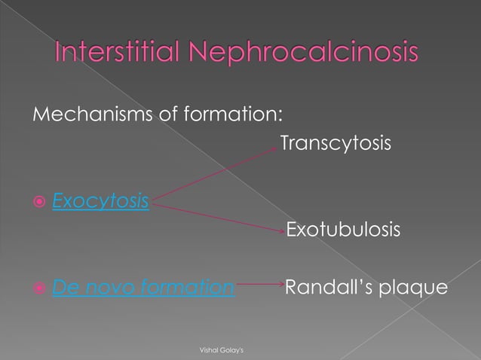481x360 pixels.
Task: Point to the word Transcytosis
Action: coord(335,142)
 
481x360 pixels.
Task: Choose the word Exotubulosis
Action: coord(343,230)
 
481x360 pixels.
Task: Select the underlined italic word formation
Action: coord(185,287)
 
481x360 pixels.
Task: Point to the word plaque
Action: coord(412,287)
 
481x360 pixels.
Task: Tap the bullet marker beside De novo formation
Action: coord(38,288)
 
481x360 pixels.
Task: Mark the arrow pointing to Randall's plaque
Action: coord(259,285)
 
